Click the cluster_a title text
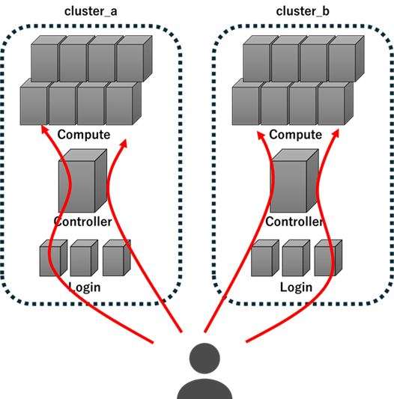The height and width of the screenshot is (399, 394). [91, 11]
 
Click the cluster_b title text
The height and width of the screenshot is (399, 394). [303, 11]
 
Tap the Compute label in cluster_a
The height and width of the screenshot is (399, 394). [84, 135]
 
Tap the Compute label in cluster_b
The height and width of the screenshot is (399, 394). [296, 135]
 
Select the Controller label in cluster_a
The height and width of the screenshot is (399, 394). [83, 222]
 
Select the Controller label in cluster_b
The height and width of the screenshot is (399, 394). [294, 222]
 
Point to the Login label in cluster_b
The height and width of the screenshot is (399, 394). [296, 287]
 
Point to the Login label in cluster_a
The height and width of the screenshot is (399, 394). [85, 287]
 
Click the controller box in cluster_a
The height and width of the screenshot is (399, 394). [83, 180]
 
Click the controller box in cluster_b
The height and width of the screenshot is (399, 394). [294, 180]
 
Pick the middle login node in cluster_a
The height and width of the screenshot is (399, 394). [84, 258]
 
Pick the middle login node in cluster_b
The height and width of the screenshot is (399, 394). [296, 258]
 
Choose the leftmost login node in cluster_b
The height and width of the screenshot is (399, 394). [265, 258]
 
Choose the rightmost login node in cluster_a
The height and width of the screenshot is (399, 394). [117, 258]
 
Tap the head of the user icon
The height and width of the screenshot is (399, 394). [204, 359]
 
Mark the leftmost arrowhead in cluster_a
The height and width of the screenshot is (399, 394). [44, 129]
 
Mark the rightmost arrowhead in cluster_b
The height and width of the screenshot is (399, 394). [336, 133]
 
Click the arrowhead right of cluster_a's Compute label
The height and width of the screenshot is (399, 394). [124, 143]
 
